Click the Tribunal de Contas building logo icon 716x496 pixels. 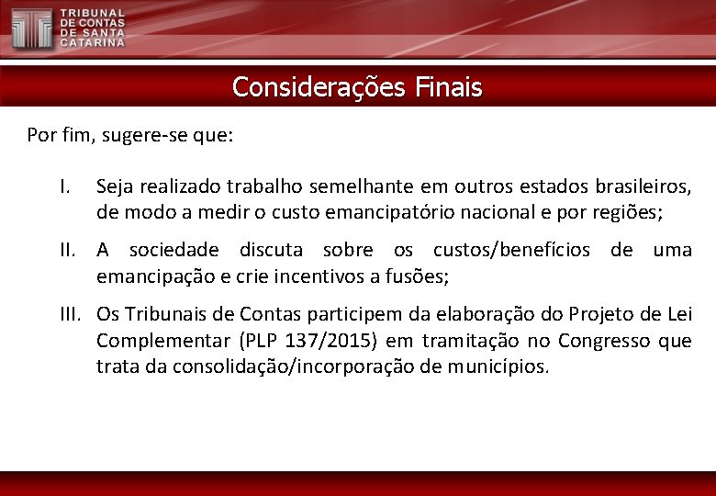pyautogui.click(x=31, y=28)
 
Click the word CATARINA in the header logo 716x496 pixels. pyautogui.click(x=93, y=42)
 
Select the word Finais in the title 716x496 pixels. pyautogui.click(x=448, y=87)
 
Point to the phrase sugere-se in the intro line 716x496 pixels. pyautogui.click(x=141, y=136)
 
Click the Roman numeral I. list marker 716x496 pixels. pyautogui.click(x=65, y=187)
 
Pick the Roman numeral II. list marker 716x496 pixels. pyautogui.click(x=71, y=250)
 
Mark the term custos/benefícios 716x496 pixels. pyautogui.click(x=511, y=250)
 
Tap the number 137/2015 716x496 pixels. pyautogui.click(x=329, y=341)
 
